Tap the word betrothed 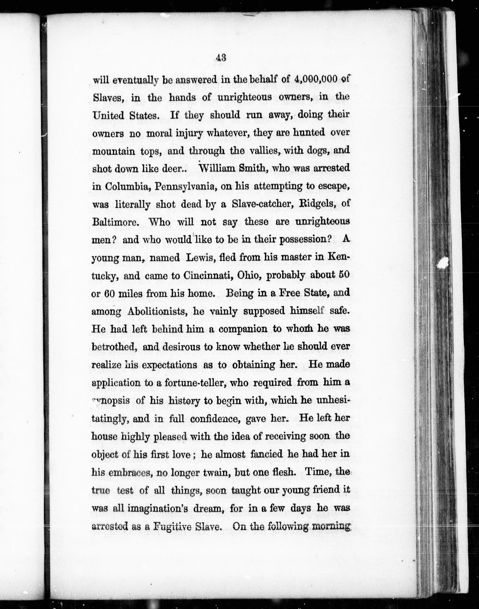(114, 347)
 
